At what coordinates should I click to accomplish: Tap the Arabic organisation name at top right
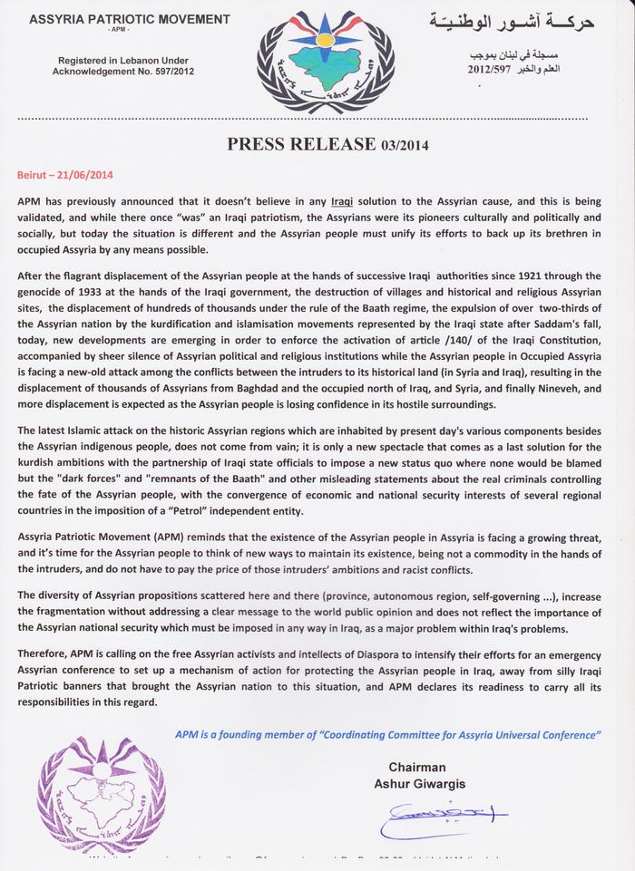[516, 21]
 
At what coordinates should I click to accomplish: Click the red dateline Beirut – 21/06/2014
[64, 172]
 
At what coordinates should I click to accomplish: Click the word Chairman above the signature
[416, 767]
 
